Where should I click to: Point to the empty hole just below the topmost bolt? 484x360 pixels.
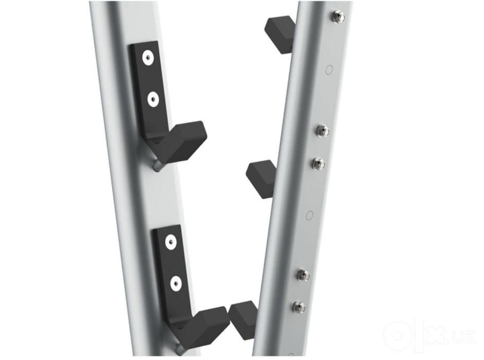[x=329, y=69]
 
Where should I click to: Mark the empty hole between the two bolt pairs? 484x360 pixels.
[x=310, y=215]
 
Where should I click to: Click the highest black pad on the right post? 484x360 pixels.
[x=280, y=34]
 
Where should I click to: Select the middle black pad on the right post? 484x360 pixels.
[x=261, y=179]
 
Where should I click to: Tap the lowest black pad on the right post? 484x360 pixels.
[x=244, y=320]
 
